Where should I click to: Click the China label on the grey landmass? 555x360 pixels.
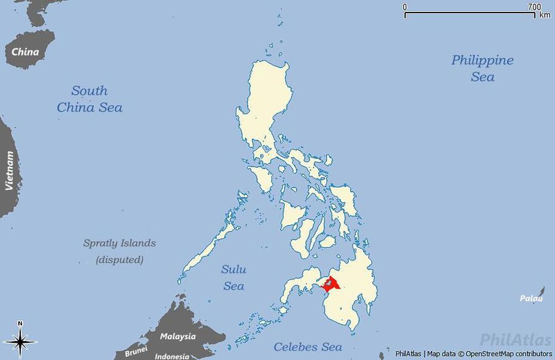click(26, 51)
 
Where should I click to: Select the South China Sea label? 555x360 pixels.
click(90, 99)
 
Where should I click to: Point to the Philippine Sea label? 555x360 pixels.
click(482, 68)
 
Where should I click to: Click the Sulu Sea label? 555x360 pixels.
click(233, 278)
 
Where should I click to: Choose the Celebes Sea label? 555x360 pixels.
click(308, 347)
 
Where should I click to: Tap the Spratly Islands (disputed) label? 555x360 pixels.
click(119, 251)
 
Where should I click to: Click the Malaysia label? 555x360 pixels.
click(178, 336)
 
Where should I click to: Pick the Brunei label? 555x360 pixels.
click(136, 352)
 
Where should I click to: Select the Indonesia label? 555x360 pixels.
click(172, 356)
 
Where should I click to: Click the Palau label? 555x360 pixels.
click(531, 299)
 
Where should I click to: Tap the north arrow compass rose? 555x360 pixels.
click(20, 342)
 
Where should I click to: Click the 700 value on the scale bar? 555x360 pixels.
click(534, 7)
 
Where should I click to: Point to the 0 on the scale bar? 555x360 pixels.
click(405, 7)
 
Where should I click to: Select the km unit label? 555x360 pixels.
click(544, 15)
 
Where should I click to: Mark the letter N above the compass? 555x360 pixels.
click(20, 324)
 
